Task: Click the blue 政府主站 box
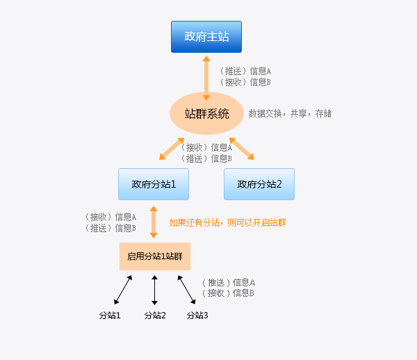[206, 37]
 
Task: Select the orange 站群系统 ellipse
[206, 113]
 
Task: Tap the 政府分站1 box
[154, 184]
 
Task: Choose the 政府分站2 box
[259, 184]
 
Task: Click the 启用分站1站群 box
[154, 256]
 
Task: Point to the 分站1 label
[110, 316]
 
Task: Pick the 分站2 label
[155, 316]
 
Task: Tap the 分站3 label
[197, 316]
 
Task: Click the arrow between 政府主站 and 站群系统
[206, 77]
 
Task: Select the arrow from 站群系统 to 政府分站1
[172, 148]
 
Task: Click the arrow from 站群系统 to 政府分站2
[242, 148]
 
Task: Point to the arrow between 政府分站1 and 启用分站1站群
[154, 222]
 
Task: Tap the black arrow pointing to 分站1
[123, 289]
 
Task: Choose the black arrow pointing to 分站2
[154, 290]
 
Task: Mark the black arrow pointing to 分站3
[186, 289]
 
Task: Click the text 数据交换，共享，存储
[290, 113]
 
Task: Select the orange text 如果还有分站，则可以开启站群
[228, 222]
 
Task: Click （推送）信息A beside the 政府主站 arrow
[245, 71]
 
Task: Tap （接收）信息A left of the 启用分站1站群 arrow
[110, 217]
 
